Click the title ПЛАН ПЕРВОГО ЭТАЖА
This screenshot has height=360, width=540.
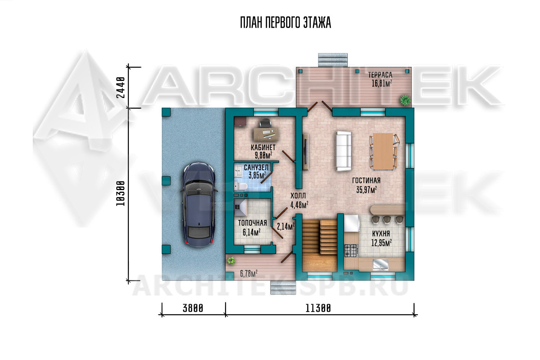point(285,23)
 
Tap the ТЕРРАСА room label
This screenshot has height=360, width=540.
point(380,75)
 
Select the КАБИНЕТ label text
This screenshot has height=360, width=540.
point(263,147)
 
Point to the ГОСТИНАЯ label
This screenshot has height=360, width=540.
point(366,180)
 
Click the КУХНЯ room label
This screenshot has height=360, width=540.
point(381,233)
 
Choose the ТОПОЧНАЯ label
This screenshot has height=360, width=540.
point(252,223)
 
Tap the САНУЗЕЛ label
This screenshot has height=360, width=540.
point(256,167)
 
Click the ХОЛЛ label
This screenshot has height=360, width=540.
point(298,195)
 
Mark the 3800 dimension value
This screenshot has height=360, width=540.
point(193,308)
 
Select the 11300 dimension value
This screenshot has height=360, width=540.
point(318,308)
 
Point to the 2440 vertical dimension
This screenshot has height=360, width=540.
point(121,87)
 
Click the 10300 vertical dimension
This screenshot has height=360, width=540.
point(121,194)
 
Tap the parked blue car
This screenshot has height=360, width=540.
point(199,205)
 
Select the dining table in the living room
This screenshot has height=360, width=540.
point(383,152)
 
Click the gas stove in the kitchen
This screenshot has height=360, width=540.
point(351,251)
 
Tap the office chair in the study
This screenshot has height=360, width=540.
point(265,123)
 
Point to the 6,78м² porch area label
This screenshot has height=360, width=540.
point(248,274)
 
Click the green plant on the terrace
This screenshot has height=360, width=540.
point(405,100)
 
